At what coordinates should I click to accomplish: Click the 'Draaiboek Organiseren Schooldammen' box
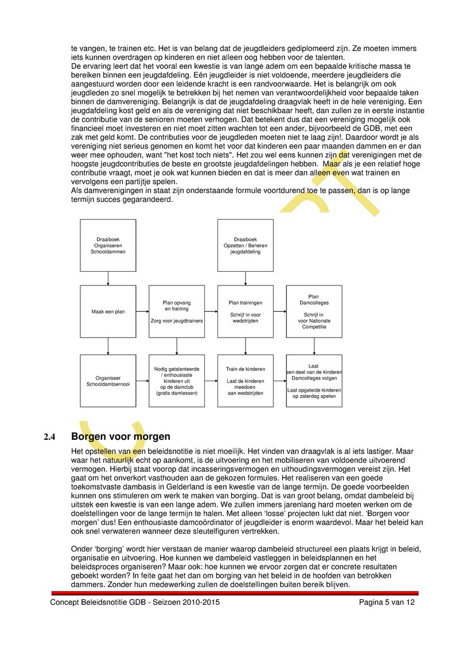point(108,245)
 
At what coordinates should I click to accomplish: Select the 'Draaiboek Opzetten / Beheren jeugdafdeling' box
point(245,245)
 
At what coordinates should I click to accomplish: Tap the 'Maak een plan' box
point(108,311)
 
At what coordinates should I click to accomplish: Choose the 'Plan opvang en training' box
point(176,311)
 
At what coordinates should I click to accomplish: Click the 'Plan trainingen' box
point(245,311)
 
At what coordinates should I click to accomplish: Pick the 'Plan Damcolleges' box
point(314,311)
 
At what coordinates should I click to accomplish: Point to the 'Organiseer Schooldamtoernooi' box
point(108,381)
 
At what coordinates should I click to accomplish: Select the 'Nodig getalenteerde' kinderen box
point(176,381)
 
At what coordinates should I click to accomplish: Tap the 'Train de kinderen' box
point(245,381)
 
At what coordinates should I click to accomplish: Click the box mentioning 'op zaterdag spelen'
point(314,381)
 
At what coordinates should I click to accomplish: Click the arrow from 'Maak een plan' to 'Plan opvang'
point(142,311)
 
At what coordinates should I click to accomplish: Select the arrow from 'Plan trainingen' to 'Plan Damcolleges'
point(280,311)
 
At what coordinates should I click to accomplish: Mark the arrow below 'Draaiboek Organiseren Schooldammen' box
point(108,278)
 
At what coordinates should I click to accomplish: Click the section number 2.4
point(50,437)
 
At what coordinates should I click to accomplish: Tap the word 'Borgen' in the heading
point(90,437)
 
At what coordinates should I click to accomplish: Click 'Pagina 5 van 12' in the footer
point(386,603)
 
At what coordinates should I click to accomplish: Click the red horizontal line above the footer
point(235,593)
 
